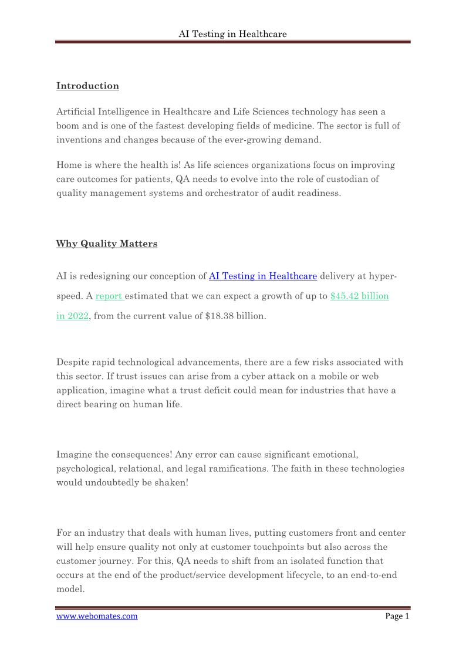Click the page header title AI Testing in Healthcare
tap(232, 34)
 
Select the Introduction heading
tap(87, 86)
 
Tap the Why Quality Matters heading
tap(107, 244)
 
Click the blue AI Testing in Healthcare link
tap(263, 276)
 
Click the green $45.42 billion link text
tap(359, 296)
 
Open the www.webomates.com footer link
tap(97, 616)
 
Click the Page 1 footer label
tap(397, 616)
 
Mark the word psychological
tap(83, 469)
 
